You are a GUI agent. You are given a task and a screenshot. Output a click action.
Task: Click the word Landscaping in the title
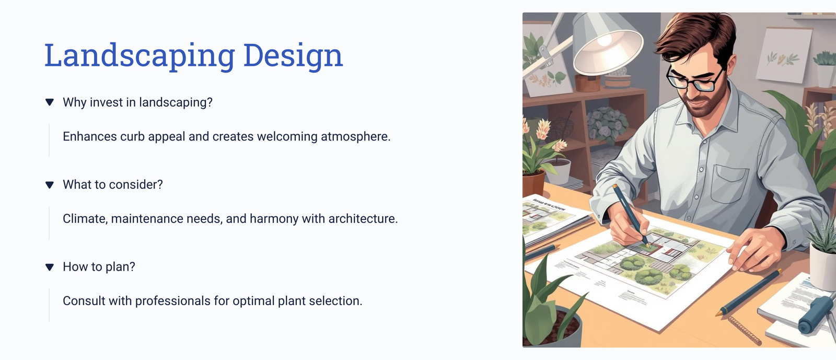tap(140, 55)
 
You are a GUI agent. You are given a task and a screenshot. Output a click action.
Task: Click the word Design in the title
tap(293, 55)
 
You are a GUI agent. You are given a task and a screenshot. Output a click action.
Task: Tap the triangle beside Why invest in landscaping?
tap(49, 102)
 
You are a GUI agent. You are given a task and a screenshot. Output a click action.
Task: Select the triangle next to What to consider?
tap(49, 184)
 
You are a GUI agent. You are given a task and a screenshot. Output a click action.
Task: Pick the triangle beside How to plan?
tap(49, 267)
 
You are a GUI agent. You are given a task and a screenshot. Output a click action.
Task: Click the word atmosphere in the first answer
tap(355, 136)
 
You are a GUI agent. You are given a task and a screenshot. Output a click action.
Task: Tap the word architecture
tap(363, 218)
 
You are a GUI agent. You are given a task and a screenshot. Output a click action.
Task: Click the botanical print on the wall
tap(784, 55)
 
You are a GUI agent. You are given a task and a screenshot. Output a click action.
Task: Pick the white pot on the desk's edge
tap(822, 265)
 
